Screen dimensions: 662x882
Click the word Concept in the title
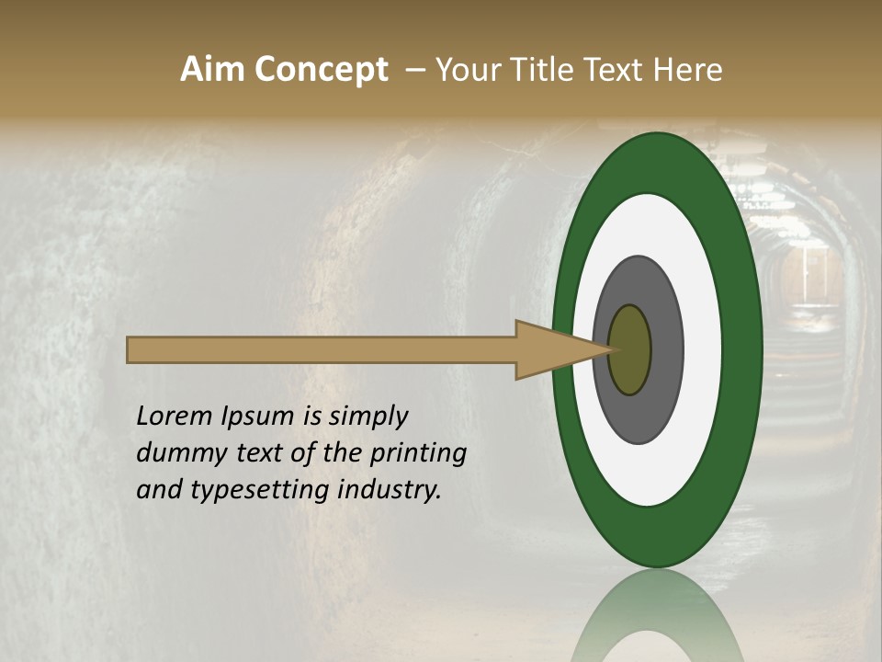[320, 69]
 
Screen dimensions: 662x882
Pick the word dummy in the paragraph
[178, 452]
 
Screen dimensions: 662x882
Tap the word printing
[418, 452]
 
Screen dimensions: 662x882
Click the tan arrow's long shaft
[322, 349]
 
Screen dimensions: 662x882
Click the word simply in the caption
[366, 416]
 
